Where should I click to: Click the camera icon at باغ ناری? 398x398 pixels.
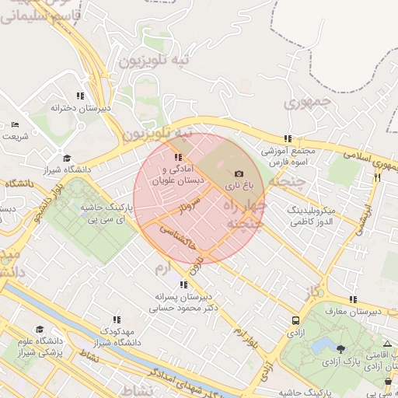tap(238, 173)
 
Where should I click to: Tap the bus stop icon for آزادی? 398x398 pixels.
tap(295, 320)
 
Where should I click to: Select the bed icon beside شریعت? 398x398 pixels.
tap(15, 124)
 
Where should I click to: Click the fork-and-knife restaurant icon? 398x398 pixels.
tap(377, 177)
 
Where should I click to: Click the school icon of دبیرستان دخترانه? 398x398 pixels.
tap(79, 96)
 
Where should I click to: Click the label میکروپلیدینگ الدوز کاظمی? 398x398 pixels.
tap(311, 216)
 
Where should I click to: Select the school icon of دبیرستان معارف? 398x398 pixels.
tap(353, 299)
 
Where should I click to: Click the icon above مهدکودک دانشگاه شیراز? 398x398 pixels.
tap(117, 319)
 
